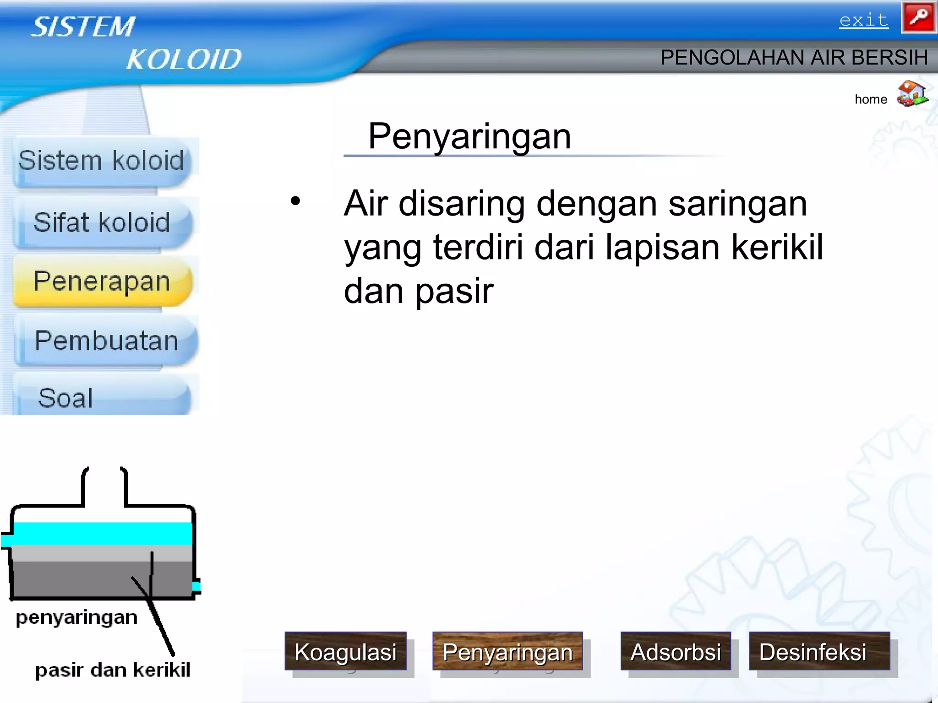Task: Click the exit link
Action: (x=863, y=21)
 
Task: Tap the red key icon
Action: (x=918, y=18)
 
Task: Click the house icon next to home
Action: (x=912, y=94)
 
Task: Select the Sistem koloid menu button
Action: (x=102, y=162)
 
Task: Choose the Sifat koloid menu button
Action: (x=102, y=223)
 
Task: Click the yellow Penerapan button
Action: (x=102, y=281)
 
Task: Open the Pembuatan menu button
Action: (x=106, y=341)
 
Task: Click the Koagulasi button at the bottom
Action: (x=345, y=651)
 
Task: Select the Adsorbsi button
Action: (x=676, y=651)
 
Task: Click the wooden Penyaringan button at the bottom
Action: (x=507, y=651)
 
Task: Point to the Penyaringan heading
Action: (x=469, y=136)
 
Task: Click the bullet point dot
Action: (x=295, y=201)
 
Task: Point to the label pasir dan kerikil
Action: (x=113, y=670)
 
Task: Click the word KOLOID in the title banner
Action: (x=184, y=59)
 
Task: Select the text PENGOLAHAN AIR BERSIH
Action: (x=794, y=58)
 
